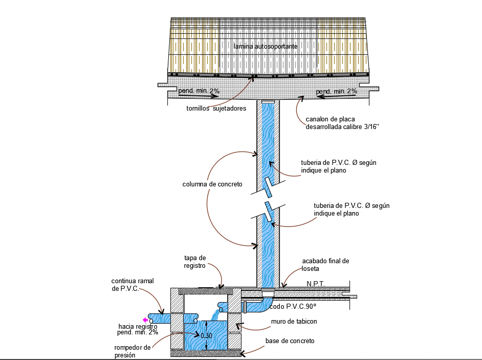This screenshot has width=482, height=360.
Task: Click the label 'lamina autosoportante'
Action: pyautogui.click(x=266, y=47)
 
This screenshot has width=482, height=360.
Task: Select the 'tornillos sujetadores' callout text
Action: pyautogui.click(x=216, y=109)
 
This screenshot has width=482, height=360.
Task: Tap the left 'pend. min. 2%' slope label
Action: pyautogui.click(x=199, y=91)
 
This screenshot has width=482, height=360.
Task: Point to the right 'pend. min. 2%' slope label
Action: pyautogui.click(x=336, y=91)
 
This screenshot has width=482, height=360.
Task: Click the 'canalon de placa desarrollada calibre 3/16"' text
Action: pyautogui.click(x=342, y=123)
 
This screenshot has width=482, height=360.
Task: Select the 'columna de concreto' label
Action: pyautogui.click(x=212, y=184)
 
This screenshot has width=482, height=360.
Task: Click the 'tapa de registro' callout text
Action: pyautogui.click(x=195, y=262)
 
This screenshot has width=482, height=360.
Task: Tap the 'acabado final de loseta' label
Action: pyautogui.click(x=325, y=265)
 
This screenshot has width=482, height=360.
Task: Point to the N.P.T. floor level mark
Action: pyautogui.click(x=315, y=283)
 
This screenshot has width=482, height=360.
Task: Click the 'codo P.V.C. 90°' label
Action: pyautogui.click(x=293, y=306)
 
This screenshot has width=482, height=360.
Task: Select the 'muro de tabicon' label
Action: pyautogui.click(x=294, y=322)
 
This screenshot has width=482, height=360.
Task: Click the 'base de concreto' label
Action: pyautogui.click(x=290, y=341)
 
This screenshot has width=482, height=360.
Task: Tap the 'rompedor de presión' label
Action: pyautogui.click(x=133, y=351)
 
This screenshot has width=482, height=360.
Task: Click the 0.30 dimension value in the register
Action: pyautogui.click(x=206, y=336)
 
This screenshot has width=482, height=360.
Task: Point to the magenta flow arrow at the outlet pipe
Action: pyautogui.click(x=145, y=320)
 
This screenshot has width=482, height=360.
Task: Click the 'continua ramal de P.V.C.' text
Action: pyautogui.click(x=133, y=285)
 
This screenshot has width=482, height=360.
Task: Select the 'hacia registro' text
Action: pyautogui.click(x=138, y=327)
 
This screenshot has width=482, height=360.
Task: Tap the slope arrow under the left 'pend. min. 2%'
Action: pyautogui.click(x=198, y=96)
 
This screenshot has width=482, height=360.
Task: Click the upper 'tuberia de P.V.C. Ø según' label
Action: pyautogui.click(x=338, y=163)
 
